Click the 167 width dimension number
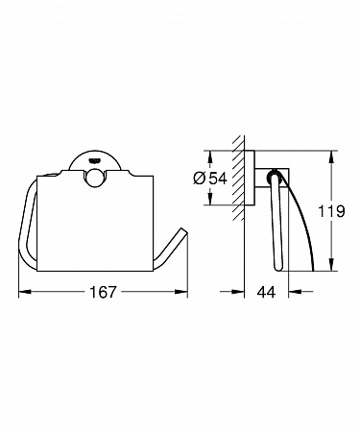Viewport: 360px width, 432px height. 103,292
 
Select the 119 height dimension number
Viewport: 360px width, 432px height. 331,211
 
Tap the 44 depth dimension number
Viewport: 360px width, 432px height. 266,292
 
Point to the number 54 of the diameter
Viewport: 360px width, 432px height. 218,178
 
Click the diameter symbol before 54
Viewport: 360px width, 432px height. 200,178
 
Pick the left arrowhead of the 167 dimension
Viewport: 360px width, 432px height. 25,292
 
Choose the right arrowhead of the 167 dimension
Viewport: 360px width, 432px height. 181,292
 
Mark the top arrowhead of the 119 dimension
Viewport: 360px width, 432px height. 332,156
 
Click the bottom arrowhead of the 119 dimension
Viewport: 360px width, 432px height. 332,265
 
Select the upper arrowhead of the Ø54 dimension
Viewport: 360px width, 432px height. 210,156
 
